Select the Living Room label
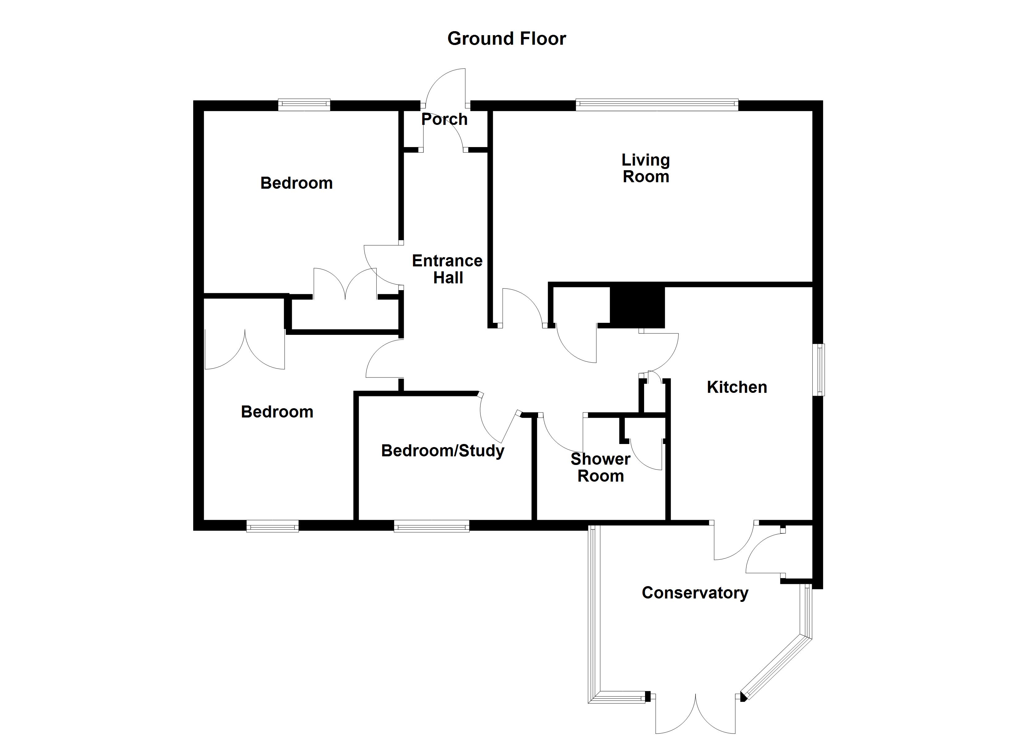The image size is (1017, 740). coord(646,168)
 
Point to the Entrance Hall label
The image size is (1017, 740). coord(447,269)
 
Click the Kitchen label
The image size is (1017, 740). coord(737,387)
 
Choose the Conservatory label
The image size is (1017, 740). coord(695,593)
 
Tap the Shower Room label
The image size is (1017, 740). coord(600,468)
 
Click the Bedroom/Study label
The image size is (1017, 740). coord(443,450)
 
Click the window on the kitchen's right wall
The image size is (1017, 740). coord(819,370)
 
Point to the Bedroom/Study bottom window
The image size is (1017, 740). coord(431,526)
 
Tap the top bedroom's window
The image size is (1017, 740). coord(304,105)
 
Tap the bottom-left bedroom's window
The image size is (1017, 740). coord(272,526)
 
